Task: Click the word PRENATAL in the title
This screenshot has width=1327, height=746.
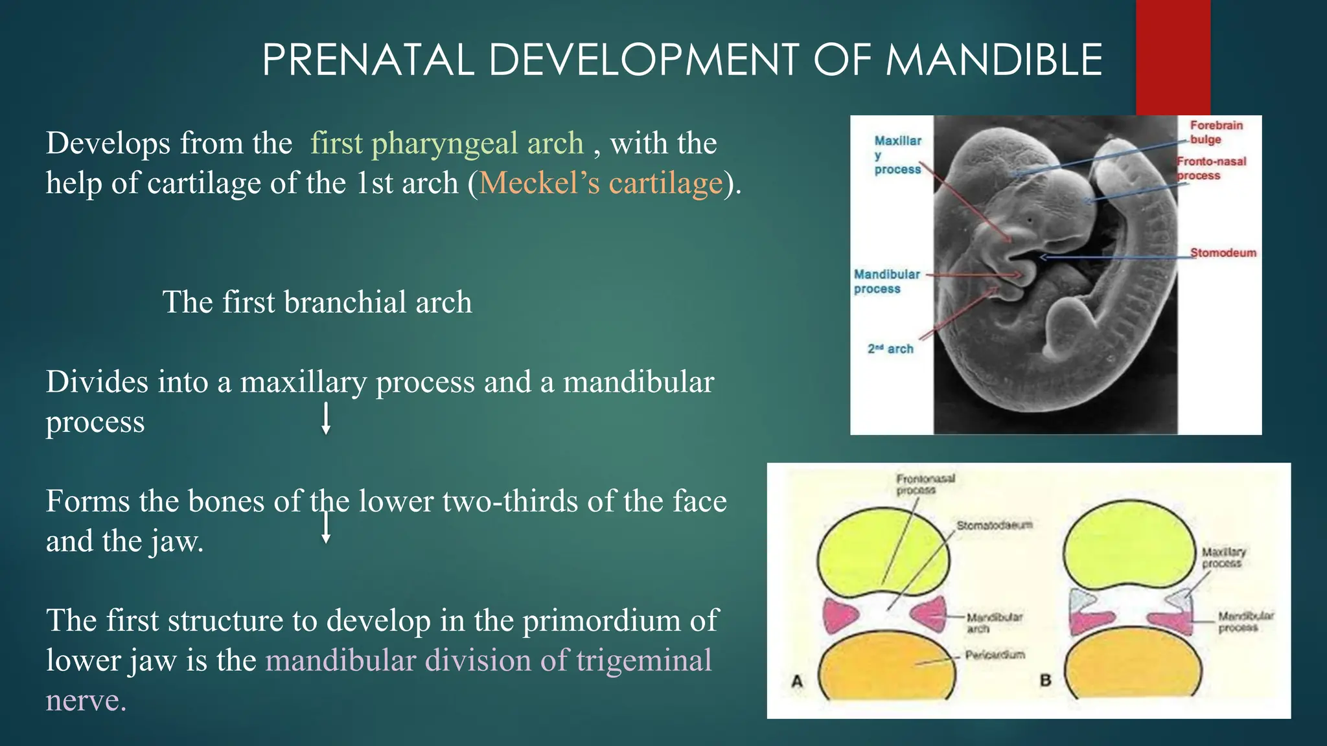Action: pyautogui.click(x=368, y=60)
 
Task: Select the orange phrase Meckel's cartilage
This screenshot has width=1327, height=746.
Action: pyautogui.click(x=601, y=183)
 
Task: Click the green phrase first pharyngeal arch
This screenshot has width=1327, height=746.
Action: pyautogui.click(x=447, y=143)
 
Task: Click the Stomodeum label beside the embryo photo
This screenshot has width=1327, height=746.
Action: pyautogui.click(x=1223, y=253)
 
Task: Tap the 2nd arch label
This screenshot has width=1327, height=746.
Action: pyautogui.click(x=890, y=349)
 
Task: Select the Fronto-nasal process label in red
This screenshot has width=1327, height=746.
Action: pyautogui.click(x=1210, y=168)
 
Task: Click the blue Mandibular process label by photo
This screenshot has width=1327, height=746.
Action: pyautogui.click(x=886, y=282)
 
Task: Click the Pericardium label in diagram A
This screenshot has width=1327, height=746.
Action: pyautogui.click(x=995, y=655)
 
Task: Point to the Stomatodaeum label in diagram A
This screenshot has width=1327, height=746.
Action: pyautogui.click(x=994, y=525)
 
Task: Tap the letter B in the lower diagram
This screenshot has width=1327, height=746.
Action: pyautogui.click(x=1045, y=681)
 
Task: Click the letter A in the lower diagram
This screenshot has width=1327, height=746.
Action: pyautogui.click(x=797, y=681)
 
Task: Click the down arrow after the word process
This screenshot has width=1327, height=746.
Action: pyautogui.click(x=327, y=419)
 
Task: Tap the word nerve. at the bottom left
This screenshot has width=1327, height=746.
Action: pyautogui.click(x=86, y=701)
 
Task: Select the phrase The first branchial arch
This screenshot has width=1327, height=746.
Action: pyautogui.click(x=317, y=302)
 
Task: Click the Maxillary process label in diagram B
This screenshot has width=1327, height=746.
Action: pyautogui.click(x=1223, y=558)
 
